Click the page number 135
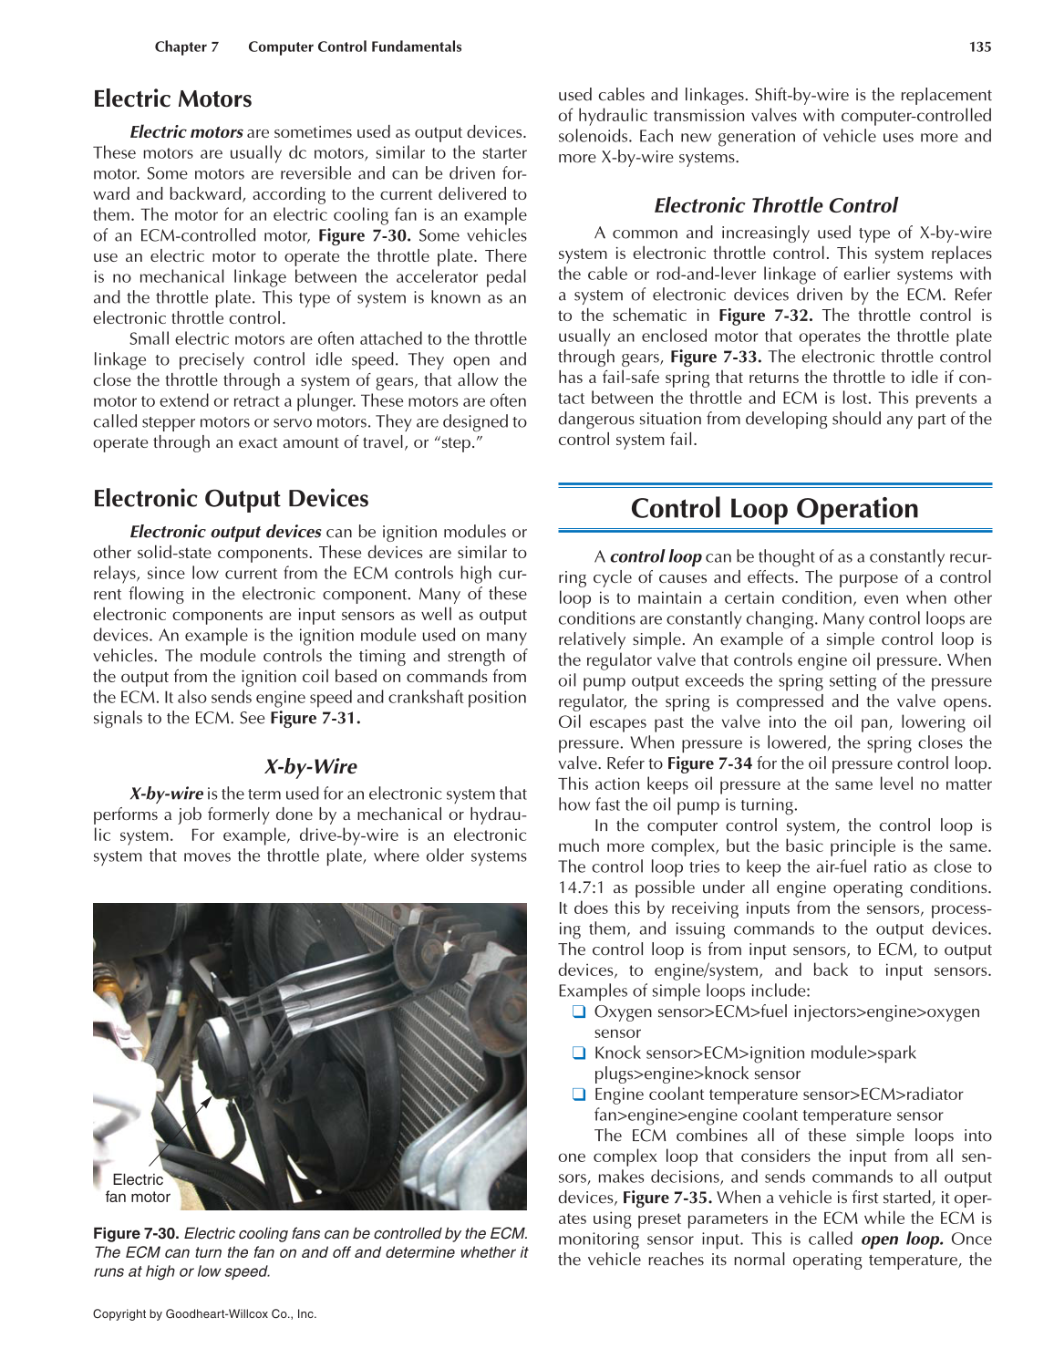980,47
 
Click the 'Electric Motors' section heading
172,99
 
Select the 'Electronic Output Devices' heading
231,499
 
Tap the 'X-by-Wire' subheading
311,766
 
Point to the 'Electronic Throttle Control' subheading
775,205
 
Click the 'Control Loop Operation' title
774,508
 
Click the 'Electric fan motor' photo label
138,1188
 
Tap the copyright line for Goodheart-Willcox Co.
204,1314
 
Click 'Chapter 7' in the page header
187,47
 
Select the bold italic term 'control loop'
656,556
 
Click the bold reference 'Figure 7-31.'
315,718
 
